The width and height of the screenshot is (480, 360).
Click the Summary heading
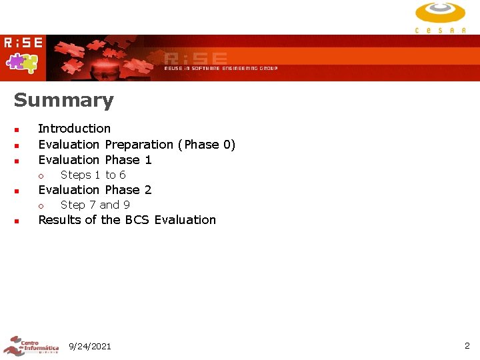[x=64, y=101]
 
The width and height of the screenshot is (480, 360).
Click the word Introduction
[x=75, y=129]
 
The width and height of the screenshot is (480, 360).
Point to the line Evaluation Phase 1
[x=95, y=160]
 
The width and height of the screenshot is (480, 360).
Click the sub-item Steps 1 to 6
[x=93, y=175]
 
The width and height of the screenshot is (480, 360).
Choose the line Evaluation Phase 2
[x=95, y=190]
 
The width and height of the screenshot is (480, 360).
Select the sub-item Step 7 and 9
[x=95, y=205]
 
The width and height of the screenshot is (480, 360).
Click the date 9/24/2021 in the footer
[x=90, y=346]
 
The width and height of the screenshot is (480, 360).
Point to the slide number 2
[x=467, y=345]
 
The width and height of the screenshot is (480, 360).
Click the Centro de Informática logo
[x=31, y=345]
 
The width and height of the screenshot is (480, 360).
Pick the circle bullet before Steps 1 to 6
[x=41, y=176]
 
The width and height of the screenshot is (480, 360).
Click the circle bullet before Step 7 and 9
[x=41, y=206]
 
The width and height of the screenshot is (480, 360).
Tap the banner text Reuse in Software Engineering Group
[x=221, y=68]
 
